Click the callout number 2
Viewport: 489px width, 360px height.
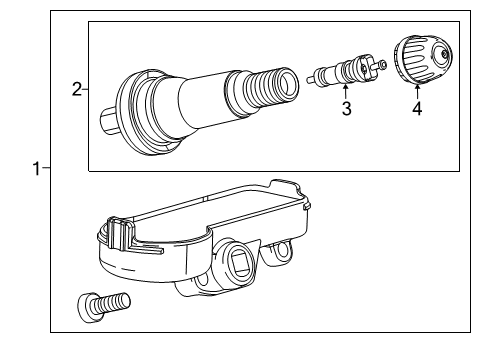coord(77,91)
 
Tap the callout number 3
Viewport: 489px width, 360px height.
coord(345,108)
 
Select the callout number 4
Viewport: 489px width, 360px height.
coord(416,108)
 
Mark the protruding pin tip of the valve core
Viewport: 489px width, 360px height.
coord(382,64)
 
